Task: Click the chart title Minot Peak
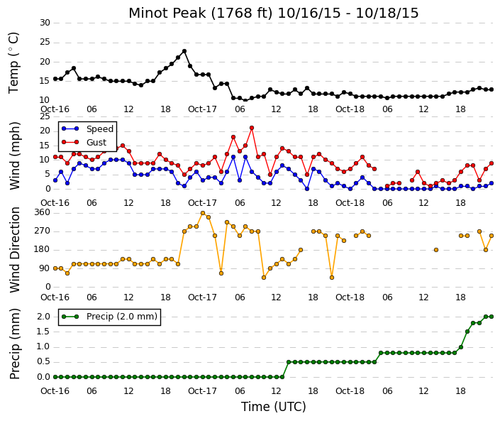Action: pyautogui.click(x=167, y=13)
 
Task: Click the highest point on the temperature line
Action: pyautogui.click(x=184, y=51)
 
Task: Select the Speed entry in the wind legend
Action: pyautogui.click(x=88, y=129)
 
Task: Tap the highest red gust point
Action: pyautogui.click(x=252, y=128)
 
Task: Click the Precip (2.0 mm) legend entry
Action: pyautogui.click(x=110, y=317)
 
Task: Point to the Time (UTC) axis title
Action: pyautogui.click(x=273, y=407)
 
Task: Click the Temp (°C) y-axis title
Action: pyautogui.click(x=14, y=63)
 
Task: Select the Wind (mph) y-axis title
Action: pyautogui.click(x=15, y=156)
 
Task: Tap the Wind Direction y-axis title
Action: pyautogui.click(x=15, y=250)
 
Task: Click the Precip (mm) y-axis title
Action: pyautogui.click(x=15, y=344)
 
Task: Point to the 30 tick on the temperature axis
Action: pyautogui.click(x=45, y=23)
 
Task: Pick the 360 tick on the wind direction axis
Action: pyautogui.click(x=43, y=212)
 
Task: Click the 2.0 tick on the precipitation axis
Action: pyautogui.click(x=44, y=317)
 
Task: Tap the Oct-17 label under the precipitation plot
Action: pyautogui.click(x=202, y=391)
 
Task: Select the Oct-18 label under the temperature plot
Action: pyautogui.click(x=350, y=109)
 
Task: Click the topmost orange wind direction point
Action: pyautogui.click(x=203, y=213)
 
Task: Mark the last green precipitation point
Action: pyautogui.click(x=491, y=317)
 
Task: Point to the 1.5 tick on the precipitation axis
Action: pyautogui.click(x=44, y=332)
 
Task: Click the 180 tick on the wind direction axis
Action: pyautogui.click(x=43, y=249)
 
